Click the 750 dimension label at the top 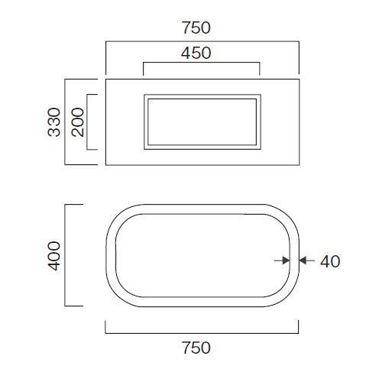pyautogui.click(x=196, y=28)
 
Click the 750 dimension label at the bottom pyautogui.click(x=196, y=348)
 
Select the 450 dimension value pyautogui.click(x=196, y=53)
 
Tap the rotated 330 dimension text pyautogui.click(x=54, y=122)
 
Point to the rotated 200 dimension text pyautogui.click(x=78, y=122)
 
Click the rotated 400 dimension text pyautogui.click(x=54, y=255)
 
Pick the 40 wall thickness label pyautogui.click(x=330, y=261)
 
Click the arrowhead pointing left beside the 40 pyautogui.click(x=303, y=261)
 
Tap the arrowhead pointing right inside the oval pyautogui.click(x=286, y=261)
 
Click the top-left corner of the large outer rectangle pyautogui.click(x=106, y=79)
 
